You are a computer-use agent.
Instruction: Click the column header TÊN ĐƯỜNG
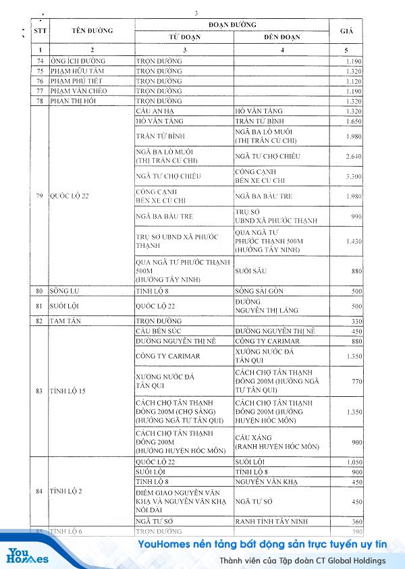pos(92,31)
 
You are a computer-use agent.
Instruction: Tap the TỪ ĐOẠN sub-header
pos(184,36)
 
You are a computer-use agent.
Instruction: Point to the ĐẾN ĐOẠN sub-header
pos(282,36)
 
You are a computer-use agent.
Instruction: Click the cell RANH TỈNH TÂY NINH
pos(267,521)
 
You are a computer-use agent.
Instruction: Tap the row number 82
pos(40,321)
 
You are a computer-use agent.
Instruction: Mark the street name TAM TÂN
pos(65,321)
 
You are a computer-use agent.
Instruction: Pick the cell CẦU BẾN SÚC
pos(160,331)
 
